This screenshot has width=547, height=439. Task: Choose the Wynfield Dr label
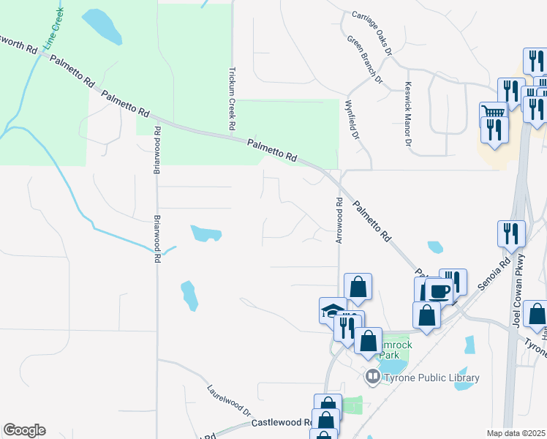pyautogui.click(x=353, y=120)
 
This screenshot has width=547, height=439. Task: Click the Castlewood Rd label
pyautogui.click(x=282, y=423)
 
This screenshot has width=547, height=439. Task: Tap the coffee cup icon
pyautogui.click(x=439, y=290)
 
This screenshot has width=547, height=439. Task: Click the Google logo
pyautogui.click(x=24, y=430)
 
